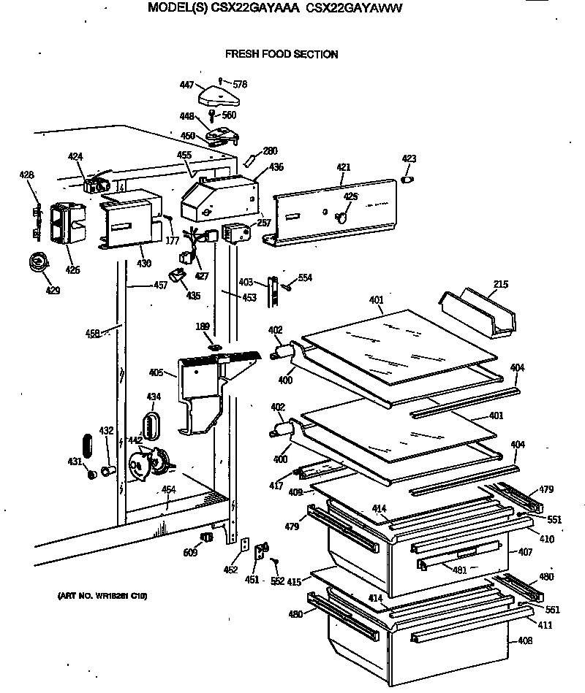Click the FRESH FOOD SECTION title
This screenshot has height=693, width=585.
(x=282, y=54)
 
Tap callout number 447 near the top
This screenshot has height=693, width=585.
(x=186, y=85)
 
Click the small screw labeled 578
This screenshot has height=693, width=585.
(x=220, y=81)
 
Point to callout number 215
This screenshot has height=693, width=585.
(x=501, y=284)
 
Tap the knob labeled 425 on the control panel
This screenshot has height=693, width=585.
(x=340, y=216)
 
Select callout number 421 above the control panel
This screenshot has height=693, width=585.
(x=344, y=167)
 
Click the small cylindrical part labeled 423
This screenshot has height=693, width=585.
(x=408, y=179)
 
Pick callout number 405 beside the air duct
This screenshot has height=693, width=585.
(x=156, y=372)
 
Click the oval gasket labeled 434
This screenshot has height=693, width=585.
(x=151, y=424)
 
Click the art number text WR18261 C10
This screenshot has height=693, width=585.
(x=102, y=597)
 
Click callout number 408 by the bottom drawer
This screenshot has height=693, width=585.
(x=525, y=641)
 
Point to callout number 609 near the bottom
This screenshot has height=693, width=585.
(x=191, y=554)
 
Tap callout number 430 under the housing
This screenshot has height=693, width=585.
(x=145, y=263)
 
